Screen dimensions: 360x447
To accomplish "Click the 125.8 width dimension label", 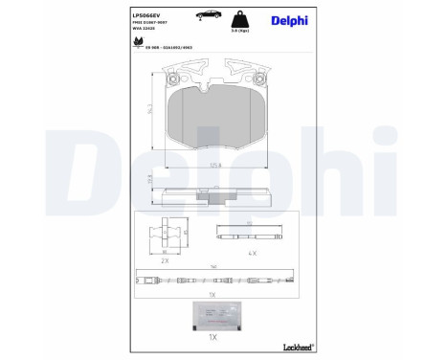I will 216,165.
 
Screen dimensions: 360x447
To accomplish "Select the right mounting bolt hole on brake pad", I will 257,72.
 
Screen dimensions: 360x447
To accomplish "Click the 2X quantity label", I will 165,259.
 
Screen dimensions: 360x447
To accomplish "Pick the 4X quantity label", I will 253,254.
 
